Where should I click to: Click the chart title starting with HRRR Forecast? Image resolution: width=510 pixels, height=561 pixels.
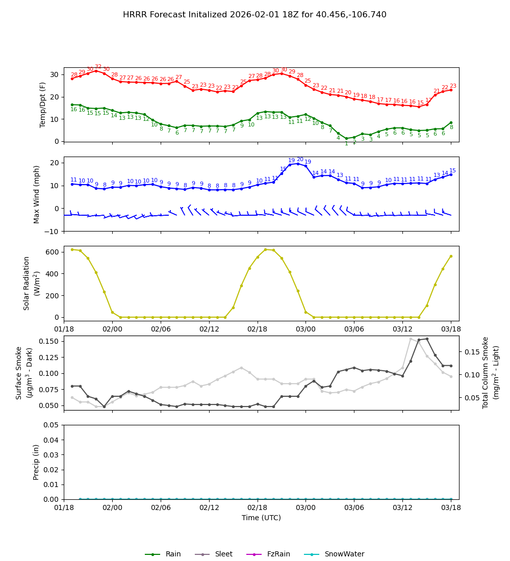[x=254, y=15]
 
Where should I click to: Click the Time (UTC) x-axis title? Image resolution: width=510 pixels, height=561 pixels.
[x=261, y=518]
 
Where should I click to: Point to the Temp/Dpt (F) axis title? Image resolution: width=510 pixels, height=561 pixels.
[x=43, y=105]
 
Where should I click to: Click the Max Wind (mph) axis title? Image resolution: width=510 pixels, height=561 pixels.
[x=37, y=194]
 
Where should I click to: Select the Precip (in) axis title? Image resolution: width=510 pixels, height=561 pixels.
[x=36, y=462]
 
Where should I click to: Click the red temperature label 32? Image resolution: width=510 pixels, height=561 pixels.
[x=98, y=67]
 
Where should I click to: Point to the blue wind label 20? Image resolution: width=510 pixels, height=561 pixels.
[x=300, y=160]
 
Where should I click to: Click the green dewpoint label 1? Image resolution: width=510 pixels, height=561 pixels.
[x=346, y=144]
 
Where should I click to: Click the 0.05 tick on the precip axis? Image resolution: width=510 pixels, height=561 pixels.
[x=50, y=425]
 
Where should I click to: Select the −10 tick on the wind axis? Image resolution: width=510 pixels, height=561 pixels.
[x=51, y=232]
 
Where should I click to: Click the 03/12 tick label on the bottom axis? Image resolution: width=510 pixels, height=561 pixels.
[x=402, y=508]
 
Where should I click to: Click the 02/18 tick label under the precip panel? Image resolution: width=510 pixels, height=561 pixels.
[x=258, y=508]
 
